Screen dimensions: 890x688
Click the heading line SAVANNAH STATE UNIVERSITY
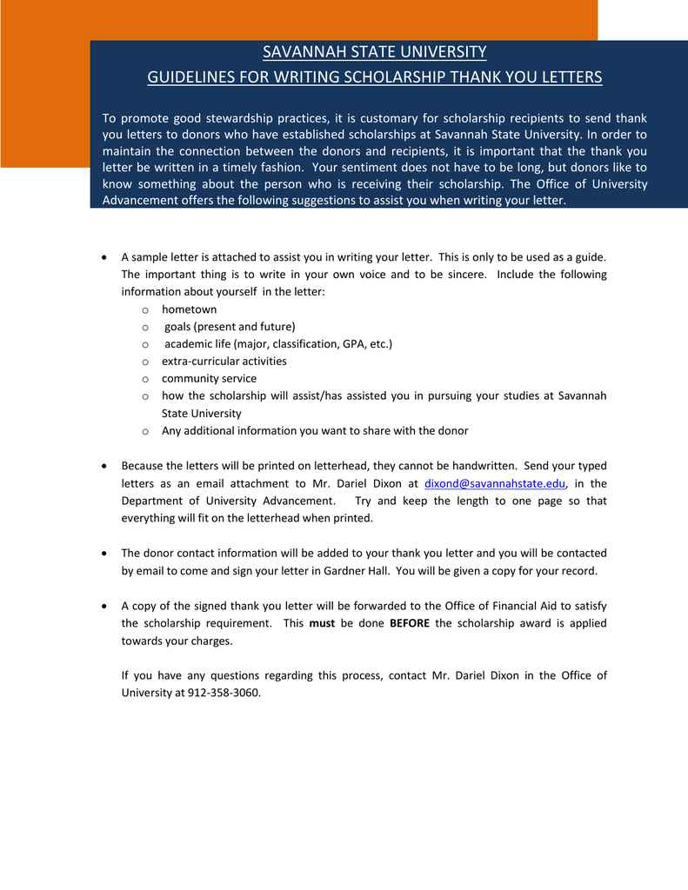click(x=375, y=52)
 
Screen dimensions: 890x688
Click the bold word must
click(x=323, y=623)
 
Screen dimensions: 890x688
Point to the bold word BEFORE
click(x=409, y=623)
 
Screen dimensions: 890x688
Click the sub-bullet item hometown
click(x=189, y=309)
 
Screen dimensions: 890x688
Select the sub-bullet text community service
click(x=209, y=379)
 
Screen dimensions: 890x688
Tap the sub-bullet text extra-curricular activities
click(x=224, y=362)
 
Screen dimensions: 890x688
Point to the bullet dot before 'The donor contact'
click(x=104, y=554)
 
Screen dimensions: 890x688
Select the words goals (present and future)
click(x=230, y=327)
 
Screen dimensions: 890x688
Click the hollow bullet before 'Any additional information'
click(x=145, y=431)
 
